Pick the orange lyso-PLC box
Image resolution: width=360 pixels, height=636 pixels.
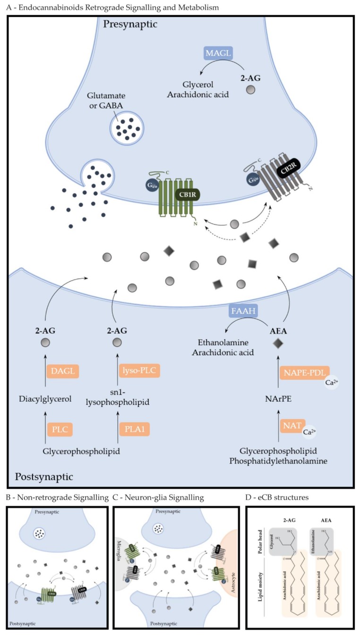140,371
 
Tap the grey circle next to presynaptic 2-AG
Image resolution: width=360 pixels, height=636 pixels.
252,89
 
